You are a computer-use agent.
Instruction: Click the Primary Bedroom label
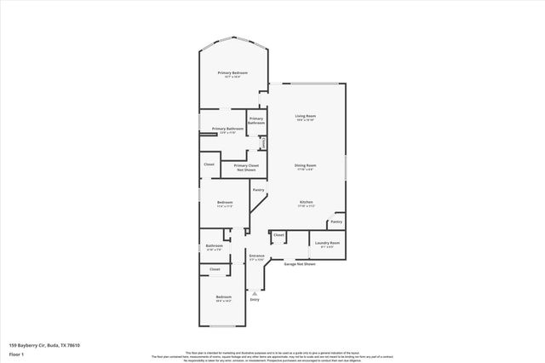coord(232,74)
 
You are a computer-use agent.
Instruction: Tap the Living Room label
coord(305,118)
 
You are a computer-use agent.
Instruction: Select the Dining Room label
coord(305,165)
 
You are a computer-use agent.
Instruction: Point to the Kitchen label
coord(305,203)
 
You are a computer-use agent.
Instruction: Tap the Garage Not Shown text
coord(300,264)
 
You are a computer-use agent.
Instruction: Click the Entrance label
coord(256,256)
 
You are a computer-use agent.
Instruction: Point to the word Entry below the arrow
coord(255,300)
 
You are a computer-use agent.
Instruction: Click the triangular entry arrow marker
coord(255,292)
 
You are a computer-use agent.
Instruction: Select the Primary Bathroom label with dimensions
coord(228,130)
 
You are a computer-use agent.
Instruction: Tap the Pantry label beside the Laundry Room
coord(336,222)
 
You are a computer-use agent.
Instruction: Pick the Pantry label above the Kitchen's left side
coord(258,189)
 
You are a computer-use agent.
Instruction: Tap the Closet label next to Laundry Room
coord(278,234)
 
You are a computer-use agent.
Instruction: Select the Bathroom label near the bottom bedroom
coord(214,247)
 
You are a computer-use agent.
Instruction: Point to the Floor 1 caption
coord(16,353)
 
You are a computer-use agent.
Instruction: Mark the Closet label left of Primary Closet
coord(209,164)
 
